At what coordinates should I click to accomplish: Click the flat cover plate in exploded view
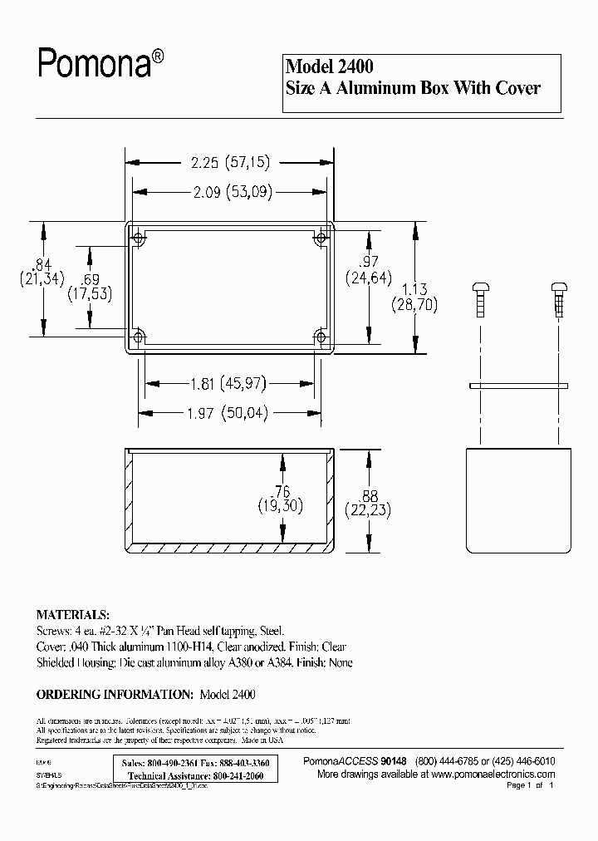pos(518,386)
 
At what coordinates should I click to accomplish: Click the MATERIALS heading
pos(72,615)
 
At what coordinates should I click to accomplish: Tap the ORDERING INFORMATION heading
pos(115,693)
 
